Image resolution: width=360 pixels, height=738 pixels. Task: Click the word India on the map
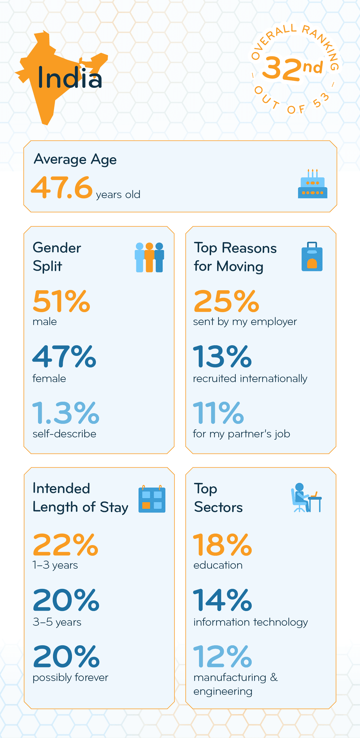pos(70,77)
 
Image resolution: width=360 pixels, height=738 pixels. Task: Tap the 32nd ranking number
pos(292,68)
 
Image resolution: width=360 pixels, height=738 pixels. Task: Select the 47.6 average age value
pos(62,188)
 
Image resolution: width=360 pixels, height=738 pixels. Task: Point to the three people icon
pos(149,257)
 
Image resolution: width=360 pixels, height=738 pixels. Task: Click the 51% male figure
pos(62,301)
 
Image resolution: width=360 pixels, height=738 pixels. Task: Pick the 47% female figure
pos(64,357)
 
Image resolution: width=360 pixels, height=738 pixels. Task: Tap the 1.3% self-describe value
pos(66,413)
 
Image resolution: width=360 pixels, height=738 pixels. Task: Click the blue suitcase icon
pos(312,257)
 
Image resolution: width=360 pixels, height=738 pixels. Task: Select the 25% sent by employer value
pos(226,301)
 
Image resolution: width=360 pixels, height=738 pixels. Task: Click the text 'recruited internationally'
pos(250,379)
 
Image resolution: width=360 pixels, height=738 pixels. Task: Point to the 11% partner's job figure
pos(218,413)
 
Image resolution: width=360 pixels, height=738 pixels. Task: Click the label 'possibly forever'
pos(70,678)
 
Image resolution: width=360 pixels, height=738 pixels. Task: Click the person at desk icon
pos(306,498)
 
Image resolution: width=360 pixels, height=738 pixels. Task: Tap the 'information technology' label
pos(251,622)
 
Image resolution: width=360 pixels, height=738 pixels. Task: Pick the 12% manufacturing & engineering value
pos(223,656)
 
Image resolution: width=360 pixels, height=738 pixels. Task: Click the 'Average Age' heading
pos(75,160)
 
